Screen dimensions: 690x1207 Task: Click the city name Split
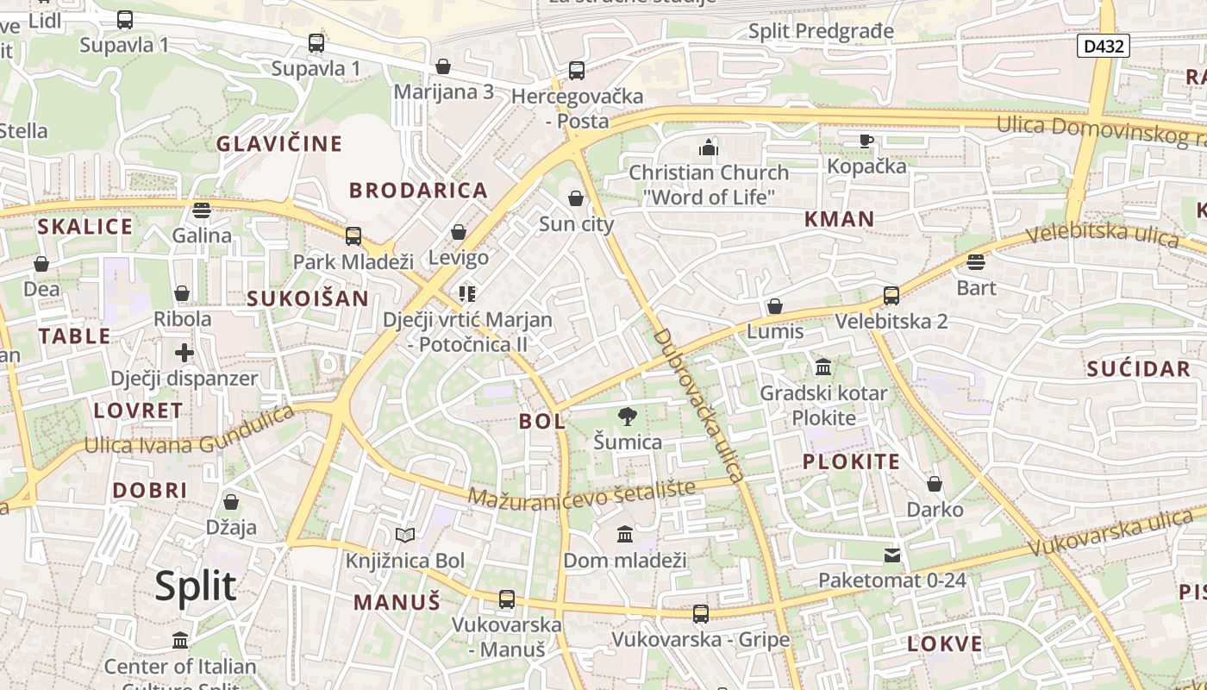click(x=196, y=586)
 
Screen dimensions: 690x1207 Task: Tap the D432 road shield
click(x=1104, y=46)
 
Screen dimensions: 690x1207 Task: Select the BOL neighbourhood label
click(x=542, y=422)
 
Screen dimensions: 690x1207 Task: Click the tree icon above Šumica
click(x=628, y=417)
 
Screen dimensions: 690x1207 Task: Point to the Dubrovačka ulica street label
click(x=698, y=405)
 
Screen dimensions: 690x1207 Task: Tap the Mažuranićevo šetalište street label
click(x=582, y=493)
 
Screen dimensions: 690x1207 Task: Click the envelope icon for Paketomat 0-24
click(x=892, y=555)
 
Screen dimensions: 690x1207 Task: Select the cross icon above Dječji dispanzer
click(x=184, y=353)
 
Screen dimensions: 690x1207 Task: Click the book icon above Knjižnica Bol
click(x=405, y=536)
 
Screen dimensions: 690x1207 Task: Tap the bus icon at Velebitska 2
click(x=891, y=296)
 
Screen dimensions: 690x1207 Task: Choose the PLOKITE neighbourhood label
click(x=851, y=461)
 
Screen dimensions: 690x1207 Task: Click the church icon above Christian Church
click(x=709, y=147)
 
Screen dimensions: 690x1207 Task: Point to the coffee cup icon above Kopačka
click(x=866, y=141)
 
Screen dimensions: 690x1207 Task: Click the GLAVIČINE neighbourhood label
click(x=279, y=143)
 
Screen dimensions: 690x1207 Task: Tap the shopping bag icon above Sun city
click(x=576, y=199)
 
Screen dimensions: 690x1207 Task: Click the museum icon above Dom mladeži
click(x=625, y=535)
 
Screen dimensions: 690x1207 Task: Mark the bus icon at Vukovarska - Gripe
click(x=701, y=614)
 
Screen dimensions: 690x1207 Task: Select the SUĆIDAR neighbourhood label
click(x=1138, y=369)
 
